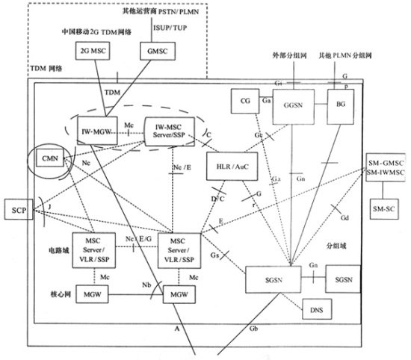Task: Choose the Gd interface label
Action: point(344,219)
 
